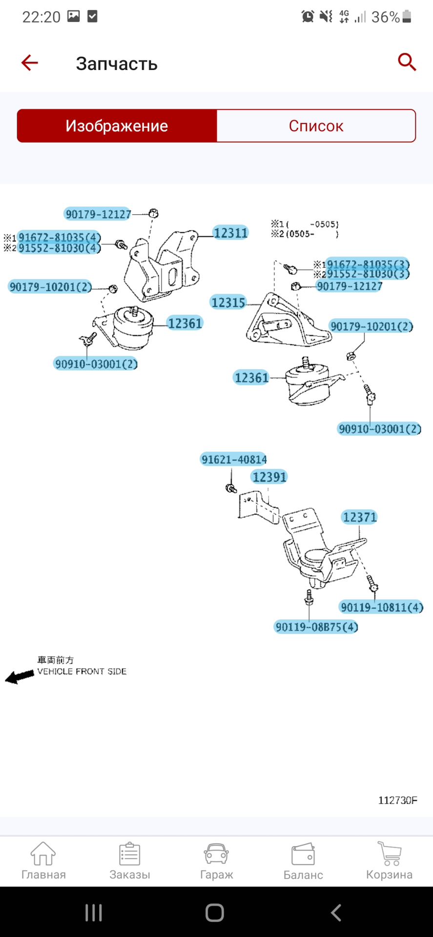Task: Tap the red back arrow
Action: pos(29,62)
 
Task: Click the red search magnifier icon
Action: pos(407,62)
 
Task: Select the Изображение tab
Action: pos(117,126)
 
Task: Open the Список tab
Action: pos(316,126)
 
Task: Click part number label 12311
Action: pos(230,233)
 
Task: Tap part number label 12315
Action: pos(228,303)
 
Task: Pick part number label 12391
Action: pos(269,477)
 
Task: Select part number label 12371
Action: pos(360,517)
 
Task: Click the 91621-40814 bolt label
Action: pos(234,459)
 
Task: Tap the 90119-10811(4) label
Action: pos(382,607)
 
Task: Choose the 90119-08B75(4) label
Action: pos(316,627)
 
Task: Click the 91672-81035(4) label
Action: pos(59,237)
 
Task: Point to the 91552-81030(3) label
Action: pos(368,274)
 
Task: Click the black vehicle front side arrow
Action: pos(20,677)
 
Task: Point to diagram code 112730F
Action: pos(398,800)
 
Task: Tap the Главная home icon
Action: pos(43,854)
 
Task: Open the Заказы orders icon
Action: pos(130,854)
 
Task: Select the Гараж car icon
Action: pos(216,854)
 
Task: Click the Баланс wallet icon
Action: pos(303,854)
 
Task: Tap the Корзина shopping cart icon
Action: pos(390,854)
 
